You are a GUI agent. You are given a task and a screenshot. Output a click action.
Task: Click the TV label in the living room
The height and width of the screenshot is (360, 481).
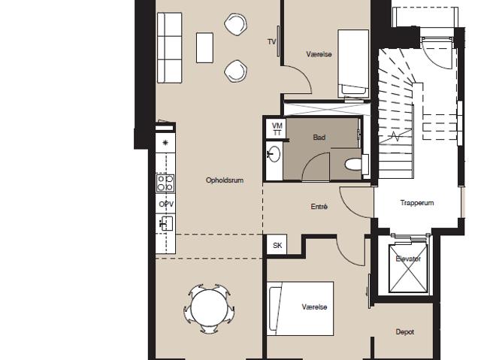pos(272,41)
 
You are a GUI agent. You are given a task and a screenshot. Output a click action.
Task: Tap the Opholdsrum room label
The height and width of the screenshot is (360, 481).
pos(225,180)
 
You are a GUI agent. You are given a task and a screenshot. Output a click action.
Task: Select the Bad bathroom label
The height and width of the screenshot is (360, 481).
pos(319,137)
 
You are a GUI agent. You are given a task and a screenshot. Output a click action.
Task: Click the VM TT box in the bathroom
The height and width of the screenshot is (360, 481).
pos(277,129)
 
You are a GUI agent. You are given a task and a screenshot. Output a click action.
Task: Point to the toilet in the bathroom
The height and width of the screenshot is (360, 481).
pos(353,165)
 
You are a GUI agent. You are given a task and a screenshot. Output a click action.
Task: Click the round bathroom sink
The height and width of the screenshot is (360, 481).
pos(274,153)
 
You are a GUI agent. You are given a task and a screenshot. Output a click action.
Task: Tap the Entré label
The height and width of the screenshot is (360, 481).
pos(319,207)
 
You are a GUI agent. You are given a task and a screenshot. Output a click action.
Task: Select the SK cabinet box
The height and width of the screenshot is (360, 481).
pos(277,245)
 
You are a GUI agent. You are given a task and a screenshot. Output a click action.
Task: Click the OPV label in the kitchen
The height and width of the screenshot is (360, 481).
pos(166,204)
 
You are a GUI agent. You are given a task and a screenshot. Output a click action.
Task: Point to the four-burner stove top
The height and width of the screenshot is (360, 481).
pos(165,183)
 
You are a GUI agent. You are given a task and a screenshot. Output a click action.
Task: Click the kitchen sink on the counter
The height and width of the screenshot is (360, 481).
pos(166,223)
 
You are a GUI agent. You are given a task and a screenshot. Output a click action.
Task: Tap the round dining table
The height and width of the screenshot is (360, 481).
pos(209,309)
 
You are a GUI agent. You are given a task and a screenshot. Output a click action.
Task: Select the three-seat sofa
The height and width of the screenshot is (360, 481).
pos(170,48)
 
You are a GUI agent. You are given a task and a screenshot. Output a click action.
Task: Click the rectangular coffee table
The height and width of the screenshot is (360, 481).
pos(204,48)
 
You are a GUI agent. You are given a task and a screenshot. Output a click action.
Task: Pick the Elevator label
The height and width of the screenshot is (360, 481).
pos(408,259)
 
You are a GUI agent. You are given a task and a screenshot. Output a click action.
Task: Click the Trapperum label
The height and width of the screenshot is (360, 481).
pos(417,203)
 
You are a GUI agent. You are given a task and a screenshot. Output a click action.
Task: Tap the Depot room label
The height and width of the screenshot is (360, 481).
pos(405,331)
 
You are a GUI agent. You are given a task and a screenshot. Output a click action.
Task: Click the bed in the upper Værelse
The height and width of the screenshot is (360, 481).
pos(353,64)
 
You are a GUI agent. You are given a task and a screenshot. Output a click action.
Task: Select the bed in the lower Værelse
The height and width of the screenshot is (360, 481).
pos(301,309)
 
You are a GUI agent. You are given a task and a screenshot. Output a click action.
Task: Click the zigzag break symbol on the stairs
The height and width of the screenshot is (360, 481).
pos(395,135)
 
